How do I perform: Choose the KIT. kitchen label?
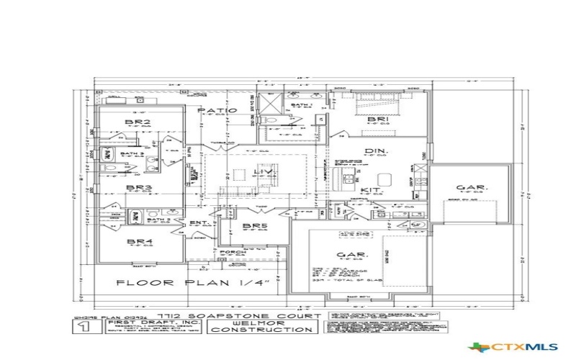click(x=372, y=190)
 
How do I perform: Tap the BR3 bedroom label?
click(x=138, y=188)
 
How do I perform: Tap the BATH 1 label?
click(x=302, y=105)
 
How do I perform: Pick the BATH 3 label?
click(x=131, y=153)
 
